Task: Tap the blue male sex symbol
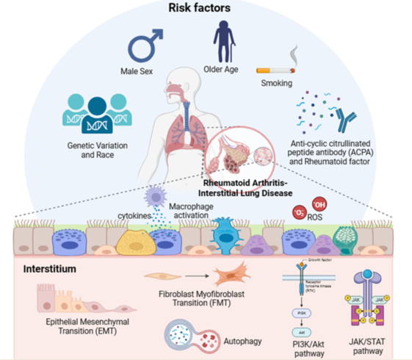coord(145,46)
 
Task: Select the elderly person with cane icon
coord(224,41)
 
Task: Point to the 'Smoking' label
coord(277,83)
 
